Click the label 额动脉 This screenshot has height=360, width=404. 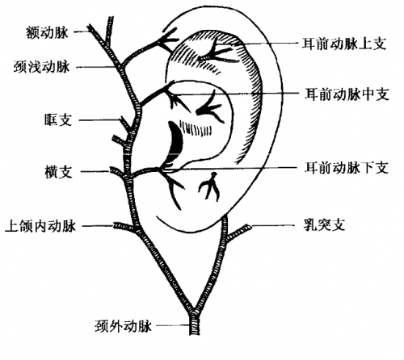[x=48, y=32]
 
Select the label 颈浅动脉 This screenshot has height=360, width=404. [x=42, y=66]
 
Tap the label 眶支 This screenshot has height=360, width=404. [x=58, y=119]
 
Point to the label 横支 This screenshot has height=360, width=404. [x=58, y=172]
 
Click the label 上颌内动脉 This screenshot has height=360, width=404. [x=40, y=226]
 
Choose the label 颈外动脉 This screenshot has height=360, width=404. [x=124, y=326]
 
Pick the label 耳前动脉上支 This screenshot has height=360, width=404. [x=344, y=44]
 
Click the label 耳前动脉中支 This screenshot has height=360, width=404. [x=347, y=94]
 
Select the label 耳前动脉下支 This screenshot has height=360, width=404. [x=347, y=168]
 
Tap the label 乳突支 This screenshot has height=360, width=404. [x=324, y=225]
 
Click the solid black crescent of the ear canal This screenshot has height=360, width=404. [x=176, y=143]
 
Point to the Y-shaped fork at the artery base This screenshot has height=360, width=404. [x=194, y=313]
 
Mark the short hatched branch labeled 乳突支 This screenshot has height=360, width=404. [x=238, y=232]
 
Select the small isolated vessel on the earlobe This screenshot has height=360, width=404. [x=209, y=186]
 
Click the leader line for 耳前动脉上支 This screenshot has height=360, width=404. [x=269, y=44]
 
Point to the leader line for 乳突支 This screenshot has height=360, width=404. [x=273, y=225]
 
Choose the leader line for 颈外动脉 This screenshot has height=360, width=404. [x=173, y=325]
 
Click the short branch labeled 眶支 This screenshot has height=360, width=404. [x=125, y=124]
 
